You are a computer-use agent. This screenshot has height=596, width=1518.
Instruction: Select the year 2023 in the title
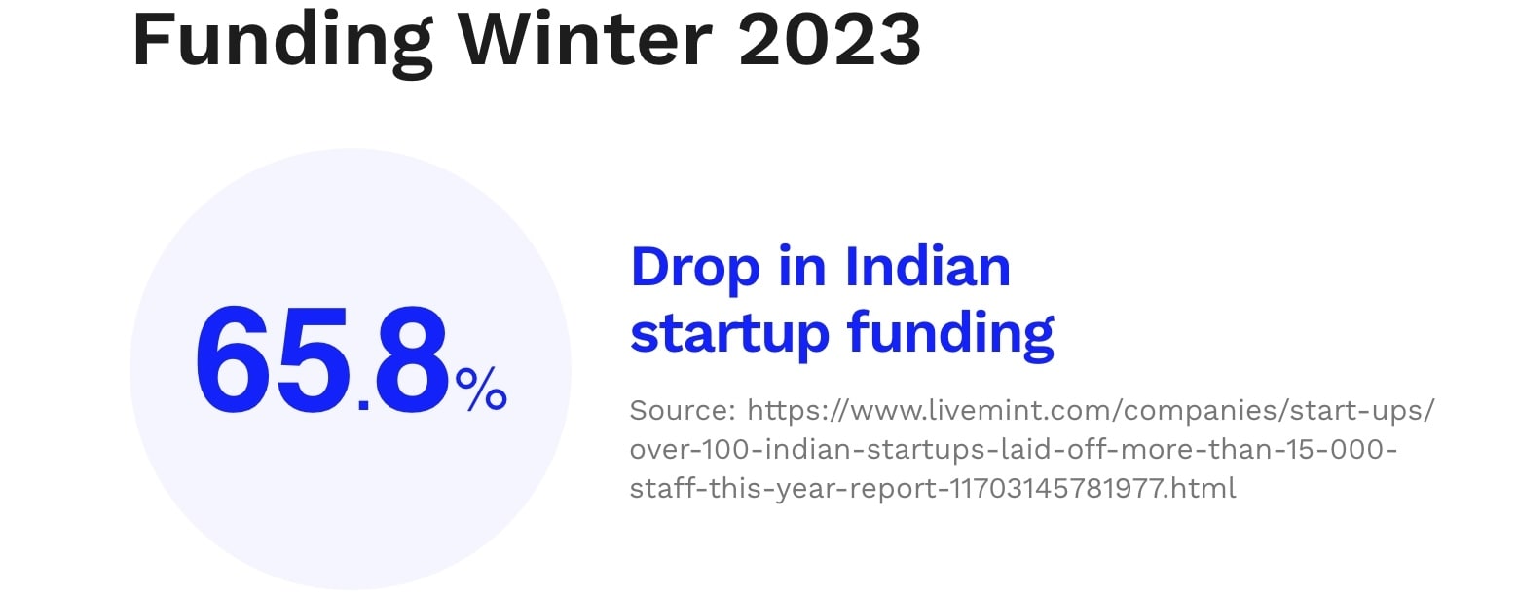pos(831,39)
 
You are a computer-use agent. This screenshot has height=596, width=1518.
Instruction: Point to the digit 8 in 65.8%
pos(412,358)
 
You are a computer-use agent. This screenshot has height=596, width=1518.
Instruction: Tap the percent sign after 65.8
pos(481,390)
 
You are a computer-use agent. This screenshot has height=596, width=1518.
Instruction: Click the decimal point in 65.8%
pos(363,405)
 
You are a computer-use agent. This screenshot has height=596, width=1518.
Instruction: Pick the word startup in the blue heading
pos(729,335)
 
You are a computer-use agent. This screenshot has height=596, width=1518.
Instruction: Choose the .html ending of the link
pos(1203,488)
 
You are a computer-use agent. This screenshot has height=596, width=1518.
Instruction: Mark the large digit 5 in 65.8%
pos(314,360)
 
